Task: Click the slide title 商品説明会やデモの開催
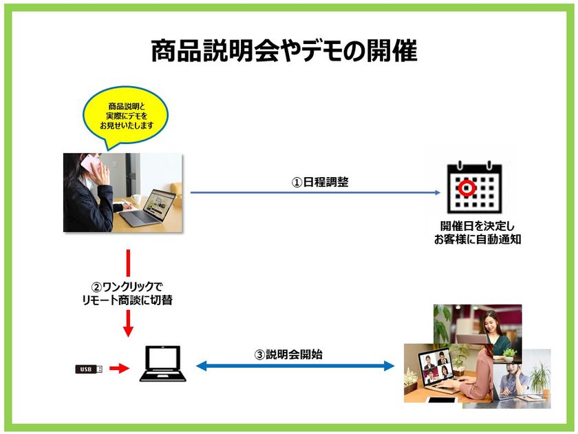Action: [x=284, y=50]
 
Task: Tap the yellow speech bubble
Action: [x=126, y=116]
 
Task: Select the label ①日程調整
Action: [x=320, y=182]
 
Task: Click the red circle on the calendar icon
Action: [x=467, y=188]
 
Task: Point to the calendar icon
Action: [x=474, y=187]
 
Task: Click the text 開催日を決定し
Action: [x=478, y=226]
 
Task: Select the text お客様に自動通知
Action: [x=478, y=239]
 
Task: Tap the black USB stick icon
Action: [x=89, y=369]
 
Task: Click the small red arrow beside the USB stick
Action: [x=120, y=368]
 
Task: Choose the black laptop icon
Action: [x=163, y=364]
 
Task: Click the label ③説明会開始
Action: [x=288, y=355]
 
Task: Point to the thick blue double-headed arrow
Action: [x=295, y=366]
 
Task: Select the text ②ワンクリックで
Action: [x=127, y=287]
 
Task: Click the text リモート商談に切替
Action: [x=127, y=300]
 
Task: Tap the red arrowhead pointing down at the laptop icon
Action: [x=128, y=331]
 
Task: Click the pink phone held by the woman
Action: [x=90, y=165]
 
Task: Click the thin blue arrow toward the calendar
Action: [x=315, y=192]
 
